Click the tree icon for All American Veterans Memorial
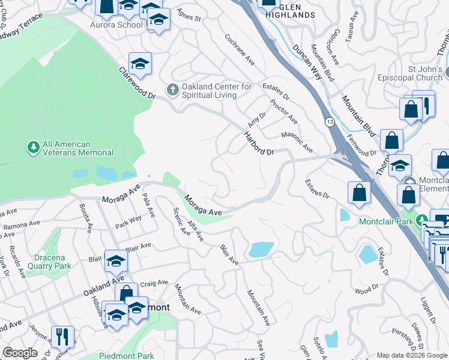point(33,146)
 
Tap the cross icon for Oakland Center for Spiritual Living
point(173,90)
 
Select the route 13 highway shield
point(330,122)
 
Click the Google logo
point(20,353)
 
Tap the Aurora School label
point(116,25)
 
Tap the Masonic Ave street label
point(297,142)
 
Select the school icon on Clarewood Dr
point(140,64)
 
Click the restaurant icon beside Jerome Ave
point(62,337)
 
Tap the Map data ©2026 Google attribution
point(412,355)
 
